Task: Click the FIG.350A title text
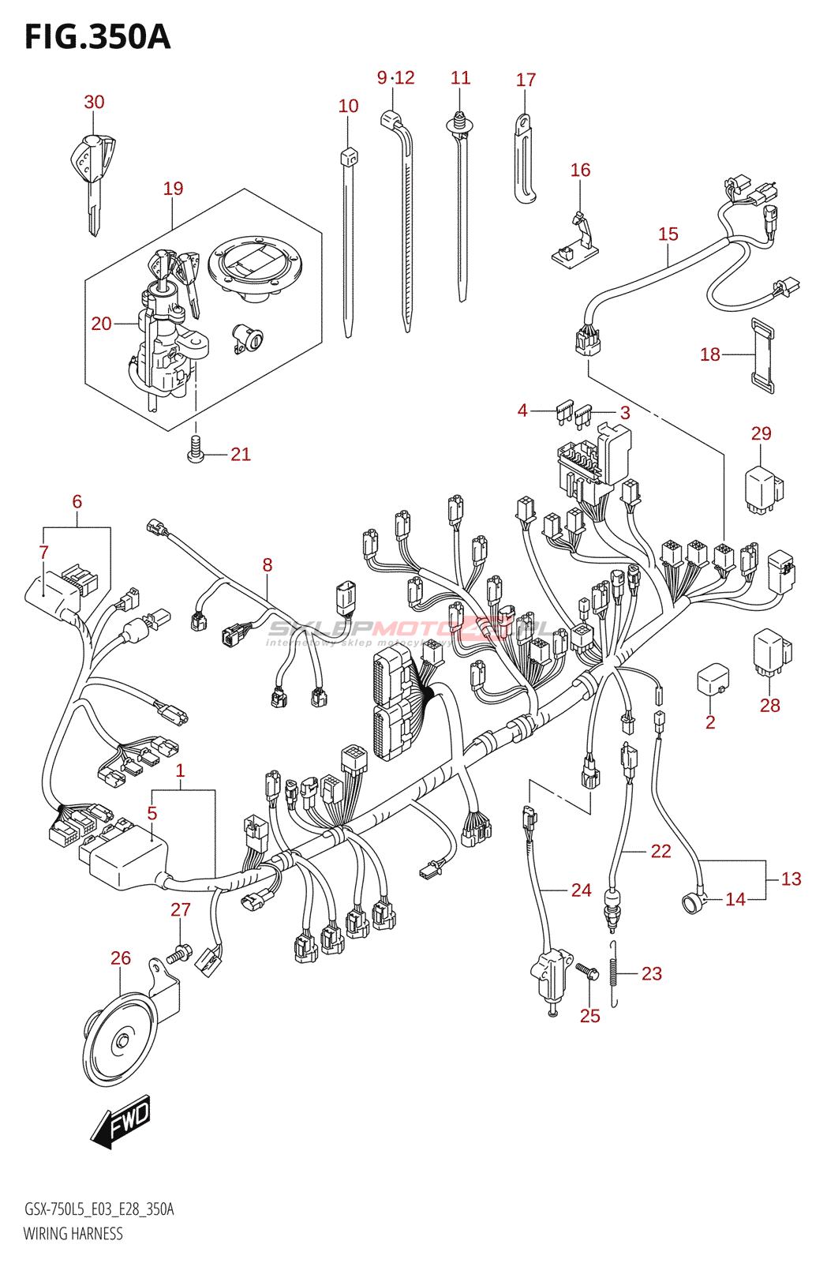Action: pos(97,37)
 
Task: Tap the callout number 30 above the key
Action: pos(94,102)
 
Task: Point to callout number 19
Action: pos(173,189)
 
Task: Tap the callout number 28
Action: pos(769,705)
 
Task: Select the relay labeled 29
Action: pos(762,488)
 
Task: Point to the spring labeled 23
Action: pos(614,974)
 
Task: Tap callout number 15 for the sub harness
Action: pos(668,234)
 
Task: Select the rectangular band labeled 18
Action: pos(762,354)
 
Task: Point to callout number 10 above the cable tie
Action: pos(348,107)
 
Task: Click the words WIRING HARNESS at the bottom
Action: pos(73,1234)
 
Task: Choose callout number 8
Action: pos(268,565)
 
